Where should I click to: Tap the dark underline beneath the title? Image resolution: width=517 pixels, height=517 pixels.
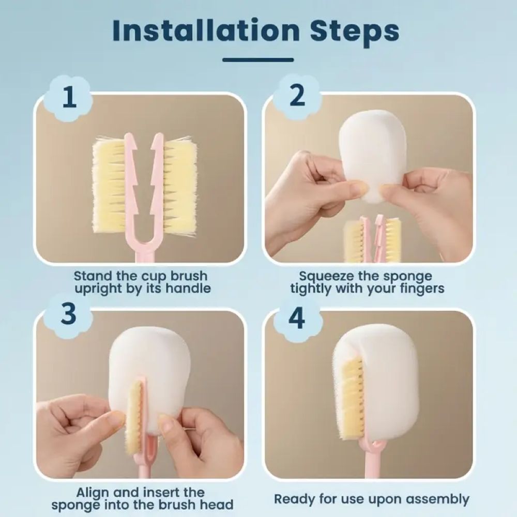(258, 59)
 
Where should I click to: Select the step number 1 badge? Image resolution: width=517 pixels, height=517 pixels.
(69, 97)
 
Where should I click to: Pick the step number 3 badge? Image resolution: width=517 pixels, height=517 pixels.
(69, 315)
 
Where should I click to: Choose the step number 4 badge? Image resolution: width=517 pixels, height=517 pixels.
(297, 318)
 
